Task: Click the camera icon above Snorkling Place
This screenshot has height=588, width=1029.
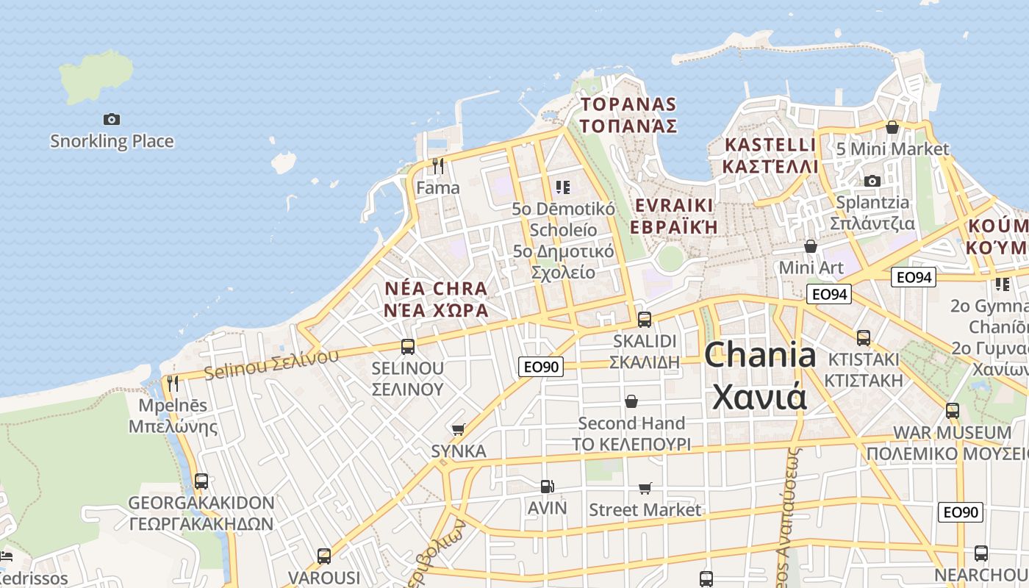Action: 112,119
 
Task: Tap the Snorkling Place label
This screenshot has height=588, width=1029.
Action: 112,141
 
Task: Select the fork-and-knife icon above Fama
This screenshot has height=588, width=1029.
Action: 438,166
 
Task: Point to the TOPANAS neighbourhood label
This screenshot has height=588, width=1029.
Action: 628,115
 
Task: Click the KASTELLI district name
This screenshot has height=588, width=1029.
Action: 770,155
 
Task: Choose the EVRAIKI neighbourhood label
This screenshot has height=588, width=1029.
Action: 674,215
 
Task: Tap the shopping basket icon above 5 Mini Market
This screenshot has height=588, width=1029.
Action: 892,128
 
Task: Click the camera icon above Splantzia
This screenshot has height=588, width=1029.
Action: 872,181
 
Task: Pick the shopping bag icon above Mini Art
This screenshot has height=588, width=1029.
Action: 811,246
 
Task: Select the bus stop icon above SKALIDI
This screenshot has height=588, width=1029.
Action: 645,319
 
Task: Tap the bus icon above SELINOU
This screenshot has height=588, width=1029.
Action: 408,346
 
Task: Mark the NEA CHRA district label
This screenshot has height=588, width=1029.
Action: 436,298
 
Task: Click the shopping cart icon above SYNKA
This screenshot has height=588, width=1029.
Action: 459,429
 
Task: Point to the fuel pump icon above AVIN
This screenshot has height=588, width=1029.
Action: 547,486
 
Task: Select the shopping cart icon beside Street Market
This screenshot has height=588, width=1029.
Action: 645,488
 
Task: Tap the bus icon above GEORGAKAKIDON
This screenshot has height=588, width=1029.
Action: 201,481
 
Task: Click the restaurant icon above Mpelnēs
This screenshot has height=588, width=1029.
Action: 173,383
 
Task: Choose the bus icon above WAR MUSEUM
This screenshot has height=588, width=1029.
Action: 953,411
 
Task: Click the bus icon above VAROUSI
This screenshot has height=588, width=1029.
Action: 324,556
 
